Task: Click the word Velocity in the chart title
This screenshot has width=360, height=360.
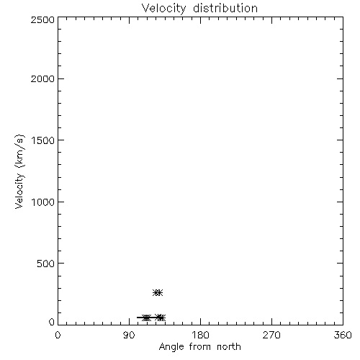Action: coord(164,9)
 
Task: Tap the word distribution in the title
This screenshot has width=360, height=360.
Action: coord(225,8)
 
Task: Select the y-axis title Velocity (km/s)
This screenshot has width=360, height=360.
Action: coord(19,171)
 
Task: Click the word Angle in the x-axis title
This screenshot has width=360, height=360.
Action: coord(171,347)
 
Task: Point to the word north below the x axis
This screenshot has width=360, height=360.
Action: coord(229,346)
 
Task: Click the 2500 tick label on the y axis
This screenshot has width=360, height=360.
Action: coord(42,19)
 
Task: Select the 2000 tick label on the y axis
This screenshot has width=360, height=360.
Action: coord(42,78)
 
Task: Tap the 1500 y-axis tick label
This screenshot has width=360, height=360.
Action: coord(43,140)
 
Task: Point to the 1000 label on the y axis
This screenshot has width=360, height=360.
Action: coord(43,202)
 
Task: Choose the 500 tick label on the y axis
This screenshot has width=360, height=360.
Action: coord(46,264)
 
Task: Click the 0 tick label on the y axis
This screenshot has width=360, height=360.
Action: coord(52,322)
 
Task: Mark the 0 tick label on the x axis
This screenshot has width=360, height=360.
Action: coord(58,335)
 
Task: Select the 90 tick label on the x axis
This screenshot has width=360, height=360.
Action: coord(129,335)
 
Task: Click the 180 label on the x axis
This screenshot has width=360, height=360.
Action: coord(200,335)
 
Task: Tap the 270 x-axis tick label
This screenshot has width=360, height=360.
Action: coord(271,335)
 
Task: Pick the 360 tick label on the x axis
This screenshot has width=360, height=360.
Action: coord(343,335)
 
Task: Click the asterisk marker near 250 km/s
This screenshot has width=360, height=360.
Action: coord(158,292)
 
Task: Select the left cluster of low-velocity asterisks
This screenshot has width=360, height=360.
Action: coord(146,318)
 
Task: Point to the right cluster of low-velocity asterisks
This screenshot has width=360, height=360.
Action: coord(160,318)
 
